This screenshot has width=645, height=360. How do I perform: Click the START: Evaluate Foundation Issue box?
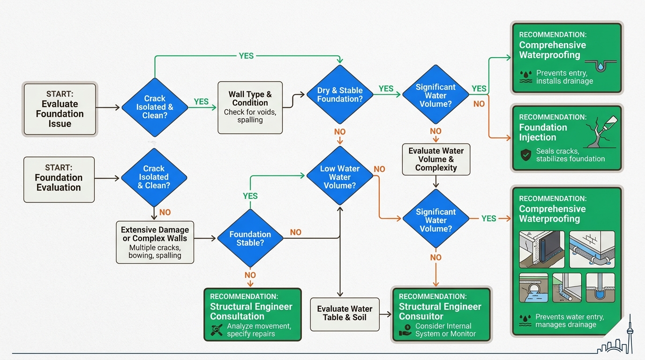point(60,109)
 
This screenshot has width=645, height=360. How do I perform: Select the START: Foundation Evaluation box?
point(59,180)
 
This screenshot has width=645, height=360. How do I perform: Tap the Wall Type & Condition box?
point(250,106)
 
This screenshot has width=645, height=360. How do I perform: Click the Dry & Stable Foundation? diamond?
point(340,95)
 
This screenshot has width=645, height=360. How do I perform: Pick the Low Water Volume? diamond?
point(340,177)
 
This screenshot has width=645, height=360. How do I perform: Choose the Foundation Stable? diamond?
point(250,239)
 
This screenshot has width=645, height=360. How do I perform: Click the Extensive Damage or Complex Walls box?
point(155,242)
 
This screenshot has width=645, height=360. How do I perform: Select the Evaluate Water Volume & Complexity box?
point(436,159)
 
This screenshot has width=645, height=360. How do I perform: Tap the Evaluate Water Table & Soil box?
point(345,313)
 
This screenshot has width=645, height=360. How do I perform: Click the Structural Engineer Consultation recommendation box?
point(252,314)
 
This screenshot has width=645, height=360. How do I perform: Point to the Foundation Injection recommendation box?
point(567,138)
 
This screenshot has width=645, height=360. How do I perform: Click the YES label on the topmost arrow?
point(246,56)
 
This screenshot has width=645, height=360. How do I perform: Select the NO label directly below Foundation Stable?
point(250,275)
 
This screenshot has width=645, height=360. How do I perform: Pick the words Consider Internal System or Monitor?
point(445,330)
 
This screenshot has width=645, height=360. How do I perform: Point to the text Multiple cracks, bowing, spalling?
point(155,252)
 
